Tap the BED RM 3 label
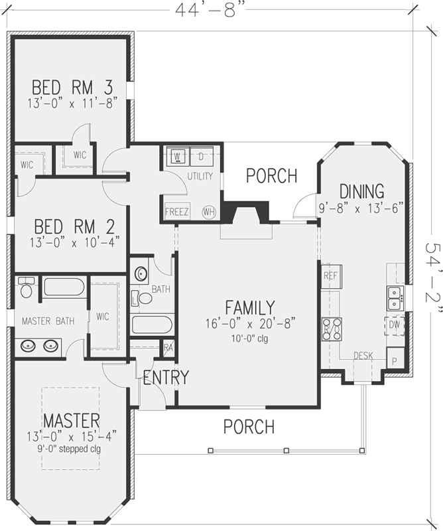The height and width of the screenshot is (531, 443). pyautogui.click(x=72, y=87)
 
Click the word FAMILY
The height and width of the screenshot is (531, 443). pyautogui.click(x=249, y=308)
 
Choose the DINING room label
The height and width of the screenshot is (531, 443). pyautogui.click(x=361, y=190)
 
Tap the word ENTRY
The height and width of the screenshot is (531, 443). pyautogui.click(x=166, y=378)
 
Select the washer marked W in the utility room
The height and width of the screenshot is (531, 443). pyautogui.click(x=178, y=157)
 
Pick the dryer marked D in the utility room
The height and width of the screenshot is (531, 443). pyautogui.click(x=202, y=157)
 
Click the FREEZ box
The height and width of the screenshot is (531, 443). pyautogui.click(x=177, y=212)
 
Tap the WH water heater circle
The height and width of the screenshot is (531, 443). pyautogui.click(x=209, y=212)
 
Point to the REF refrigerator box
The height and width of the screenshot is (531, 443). pyautogui.click(x=330, y=276)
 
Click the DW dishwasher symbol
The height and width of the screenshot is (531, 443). pyautogui.click(x=395, y=325)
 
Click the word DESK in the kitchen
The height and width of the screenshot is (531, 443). pyautogui.click(x=363, y=356)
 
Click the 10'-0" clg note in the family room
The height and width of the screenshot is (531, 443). pyautogui.click(x=249, y=338)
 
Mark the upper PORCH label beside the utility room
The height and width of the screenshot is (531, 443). pyautogui.click(x=271, y=176)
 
